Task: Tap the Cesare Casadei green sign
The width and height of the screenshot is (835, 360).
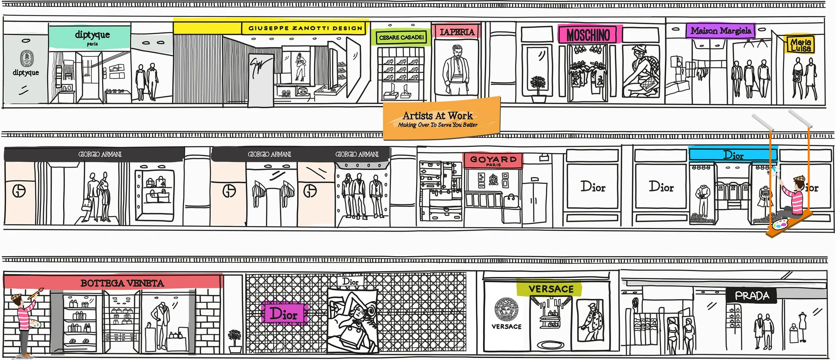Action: pyautogui.click(x=401, y=38)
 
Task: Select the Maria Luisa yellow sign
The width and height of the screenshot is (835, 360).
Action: pyautogui.click(x=801, y=45)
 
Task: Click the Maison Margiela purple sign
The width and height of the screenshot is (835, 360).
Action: pyautogui.click(x=721, y=31)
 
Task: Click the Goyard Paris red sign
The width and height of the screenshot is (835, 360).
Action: pyautogui.click(x=493, y=160)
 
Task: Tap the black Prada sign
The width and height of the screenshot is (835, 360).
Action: pyautogui.click(x=752, y=296)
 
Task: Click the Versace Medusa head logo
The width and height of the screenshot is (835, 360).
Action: pyautogui.click(x=506, y=309)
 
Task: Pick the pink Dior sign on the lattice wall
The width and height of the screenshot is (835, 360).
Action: pyautogui.click(x=284, y=314)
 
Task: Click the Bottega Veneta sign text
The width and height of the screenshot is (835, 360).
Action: pyautogui.click(x=122, y=284)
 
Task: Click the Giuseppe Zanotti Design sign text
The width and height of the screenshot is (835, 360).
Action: pyautogui.click(x=305, y=28)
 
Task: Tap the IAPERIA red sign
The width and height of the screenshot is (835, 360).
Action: pyautogui.click(x=457, y=32)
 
